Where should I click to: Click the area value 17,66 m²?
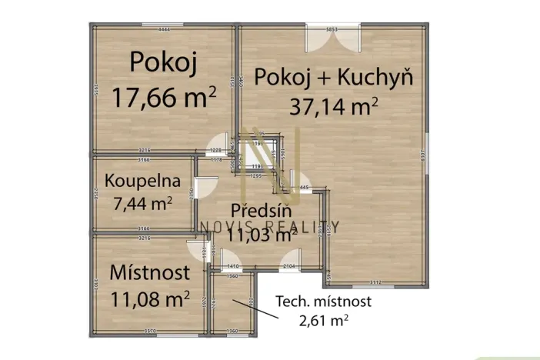[x=163, y=98]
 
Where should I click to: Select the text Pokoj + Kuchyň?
[x=334, y=77]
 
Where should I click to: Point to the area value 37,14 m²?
[x=333, y=105]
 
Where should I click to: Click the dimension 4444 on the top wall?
[x=163, y=29]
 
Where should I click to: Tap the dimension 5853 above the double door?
[x=332, y=29]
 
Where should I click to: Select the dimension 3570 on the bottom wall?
[x=150, y=332]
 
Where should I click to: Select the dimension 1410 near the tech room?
[x=233, y=266]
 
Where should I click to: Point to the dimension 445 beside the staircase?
[x=304, y=187]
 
